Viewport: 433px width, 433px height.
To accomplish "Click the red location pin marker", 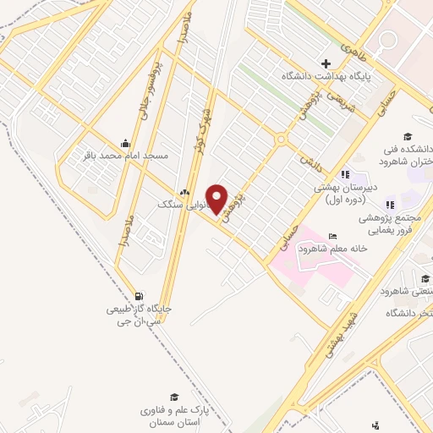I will click(217, 198).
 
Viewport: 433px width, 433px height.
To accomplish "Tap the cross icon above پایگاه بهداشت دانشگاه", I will click(326, 63).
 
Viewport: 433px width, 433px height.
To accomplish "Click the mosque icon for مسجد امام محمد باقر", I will click(126, 142).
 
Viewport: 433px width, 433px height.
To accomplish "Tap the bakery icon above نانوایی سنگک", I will click(184, 192).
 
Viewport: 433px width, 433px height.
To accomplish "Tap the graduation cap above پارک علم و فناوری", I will click(174, 397).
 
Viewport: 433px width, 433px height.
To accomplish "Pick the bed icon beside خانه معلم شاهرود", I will click(332, 235).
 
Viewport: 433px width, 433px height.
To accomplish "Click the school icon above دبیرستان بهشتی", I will click(344, 174).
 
